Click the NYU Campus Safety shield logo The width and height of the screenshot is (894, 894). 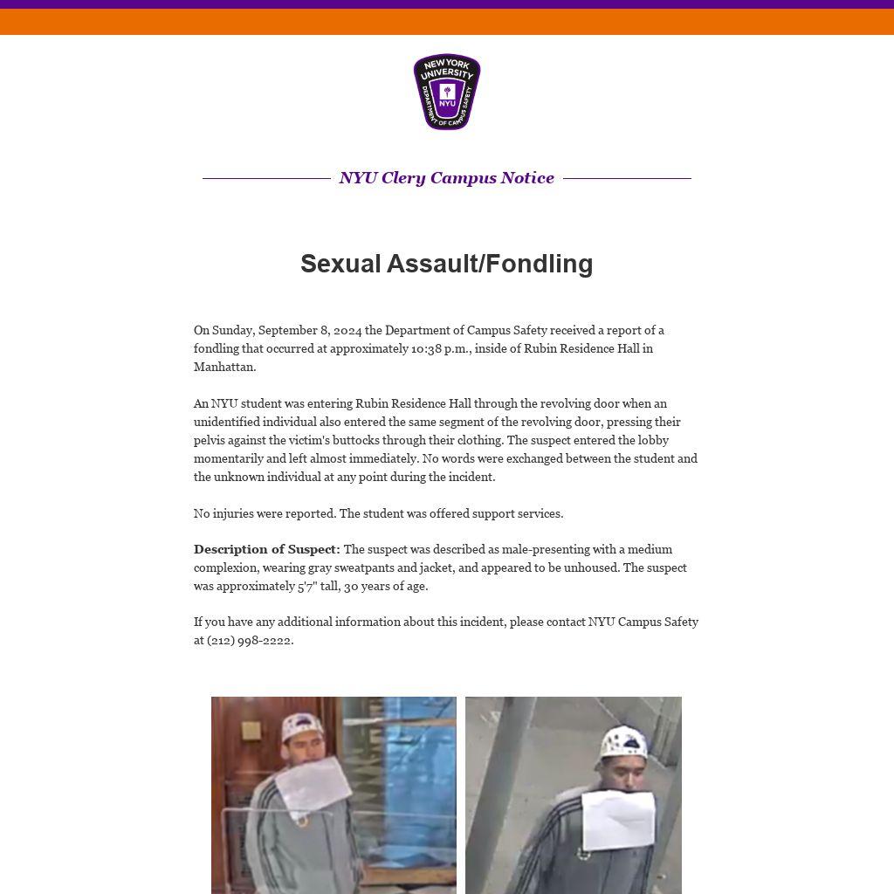pos(447,92)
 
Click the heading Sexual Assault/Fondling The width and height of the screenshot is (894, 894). pos(447,264)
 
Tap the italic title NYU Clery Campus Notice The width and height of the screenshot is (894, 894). pos(447,178)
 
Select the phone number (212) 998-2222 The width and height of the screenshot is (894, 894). pos(250,640)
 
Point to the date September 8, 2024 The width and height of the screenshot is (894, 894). pos(310,330)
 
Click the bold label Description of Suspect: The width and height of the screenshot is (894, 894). pos(266,549)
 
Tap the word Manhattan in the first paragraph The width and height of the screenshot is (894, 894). pos(223,367)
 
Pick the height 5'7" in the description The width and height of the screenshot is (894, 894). pos(307,586)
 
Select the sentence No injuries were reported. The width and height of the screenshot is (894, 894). pos(265,513)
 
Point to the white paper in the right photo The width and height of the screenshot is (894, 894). pos(618,817)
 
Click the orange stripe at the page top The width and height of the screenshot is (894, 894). pos(447,22)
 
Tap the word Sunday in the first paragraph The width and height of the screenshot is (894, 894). pos(231,330)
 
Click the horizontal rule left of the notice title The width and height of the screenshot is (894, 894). pos(266,178)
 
